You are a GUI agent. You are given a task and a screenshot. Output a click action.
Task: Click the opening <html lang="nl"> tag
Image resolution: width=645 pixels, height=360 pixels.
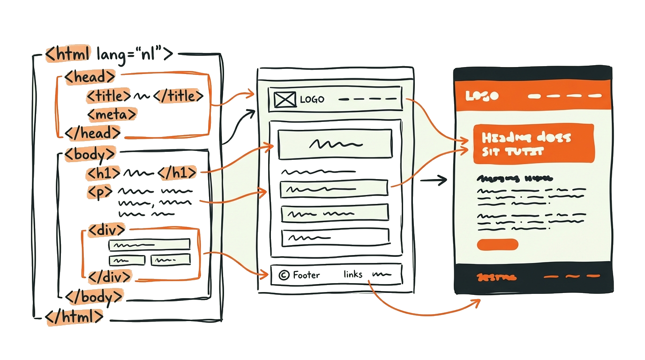[x=109, y=54]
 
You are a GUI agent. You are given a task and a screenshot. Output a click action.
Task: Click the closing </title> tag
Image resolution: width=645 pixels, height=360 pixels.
[x=178, y=96]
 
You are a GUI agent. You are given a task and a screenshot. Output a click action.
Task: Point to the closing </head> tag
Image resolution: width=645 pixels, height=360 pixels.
[x=93, y=133]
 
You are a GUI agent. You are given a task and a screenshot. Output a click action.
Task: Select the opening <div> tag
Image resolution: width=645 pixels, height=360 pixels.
[x=106, y=230]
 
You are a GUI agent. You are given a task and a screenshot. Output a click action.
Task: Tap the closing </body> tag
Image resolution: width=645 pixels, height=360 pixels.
[x=95, y=296]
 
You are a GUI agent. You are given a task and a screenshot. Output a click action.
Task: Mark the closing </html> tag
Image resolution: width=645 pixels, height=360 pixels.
[x=74, y=316]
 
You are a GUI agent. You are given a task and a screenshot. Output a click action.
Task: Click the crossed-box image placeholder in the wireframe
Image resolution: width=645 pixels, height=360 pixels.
[x=285, y=99]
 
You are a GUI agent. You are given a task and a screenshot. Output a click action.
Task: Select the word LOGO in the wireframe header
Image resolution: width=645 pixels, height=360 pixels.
[x=312, y=99]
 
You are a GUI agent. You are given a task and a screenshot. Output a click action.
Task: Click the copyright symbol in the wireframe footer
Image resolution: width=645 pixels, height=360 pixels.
[x=283, y=275]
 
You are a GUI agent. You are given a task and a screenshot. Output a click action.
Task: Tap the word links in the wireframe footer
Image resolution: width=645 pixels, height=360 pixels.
[x=352, y=274]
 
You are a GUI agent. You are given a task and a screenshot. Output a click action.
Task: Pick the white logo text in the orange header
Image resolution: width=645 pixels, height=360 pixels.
[x=482, y=96]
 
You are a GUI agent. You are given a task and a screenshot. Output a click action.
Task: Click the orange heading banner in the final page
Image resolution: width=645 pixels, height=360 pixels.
[x=533, y=144]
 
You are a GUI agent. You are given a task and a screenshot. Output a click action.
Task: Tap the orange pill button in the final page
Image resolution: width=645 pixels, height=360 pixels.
[x=497, y=244]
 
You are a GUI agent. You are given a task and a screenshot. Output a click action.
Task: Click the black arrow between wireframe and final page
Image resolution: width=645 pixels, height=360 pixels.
[x=434, y=180]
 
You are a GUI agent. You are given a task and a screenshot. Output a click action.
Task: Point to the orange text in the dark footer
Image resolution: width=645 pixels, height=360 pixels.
[x=496, y=277]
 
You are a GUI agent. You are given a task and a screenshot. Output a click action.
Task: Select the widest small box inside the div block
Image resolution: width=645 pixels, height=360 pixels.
[x=149, y=244]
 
